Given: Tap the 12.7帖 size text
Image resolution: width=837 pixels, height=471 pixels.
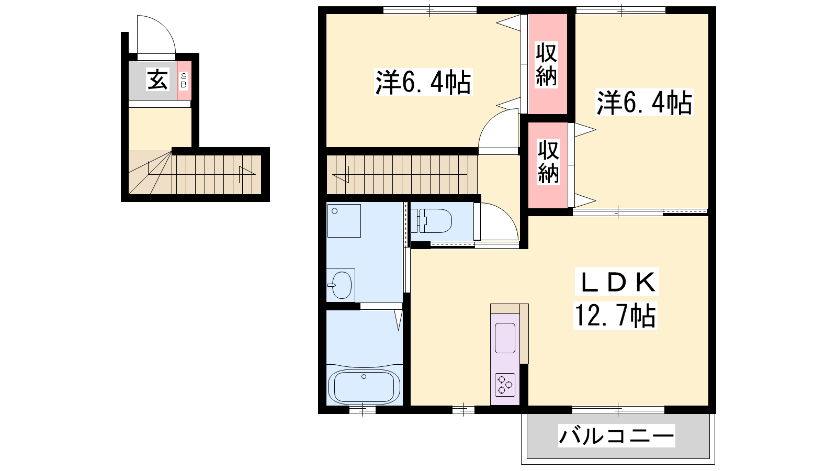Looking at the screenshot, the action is pos(615,316).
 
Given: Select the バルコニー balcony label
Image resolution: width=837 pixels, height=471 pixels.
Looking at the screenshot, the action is pos(617,436).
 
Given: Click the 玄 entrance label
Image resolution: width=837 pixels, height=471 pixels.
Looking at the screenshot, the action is pos(157,80).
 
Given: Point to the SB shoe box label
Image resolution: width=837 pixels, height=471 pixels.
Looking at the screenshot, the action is pos(184,81).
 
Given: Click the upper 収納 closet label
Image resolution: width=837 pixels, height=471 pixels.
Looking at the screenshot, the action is pos(546,65).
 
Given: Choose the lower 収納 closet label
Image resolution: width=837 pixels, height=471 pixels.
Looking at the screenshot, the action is pos(548,162).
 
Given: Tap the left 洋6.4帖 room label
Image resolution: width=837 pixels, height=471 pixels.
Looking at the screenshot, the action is pos(423,82).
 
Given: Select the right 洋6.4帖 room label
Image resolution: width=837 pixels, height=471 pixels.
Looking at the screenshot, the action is pos(644,102).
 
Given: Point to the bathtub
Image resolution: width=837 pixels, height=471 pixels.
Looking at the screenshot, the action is pos(364,387).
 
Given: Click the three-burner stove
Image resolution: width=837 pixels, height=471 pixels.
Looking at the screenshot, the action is pos(505,385).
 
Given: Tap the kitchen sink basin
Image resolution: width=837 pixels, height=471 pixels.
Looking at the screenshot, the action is pos(505,338).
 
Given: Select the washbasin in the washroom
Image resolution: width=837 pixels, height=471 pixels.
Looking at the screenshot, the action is pos(342,285).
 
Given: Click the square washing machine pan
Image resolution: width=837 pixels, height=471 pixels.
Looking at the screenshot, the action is pos(344,220).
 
